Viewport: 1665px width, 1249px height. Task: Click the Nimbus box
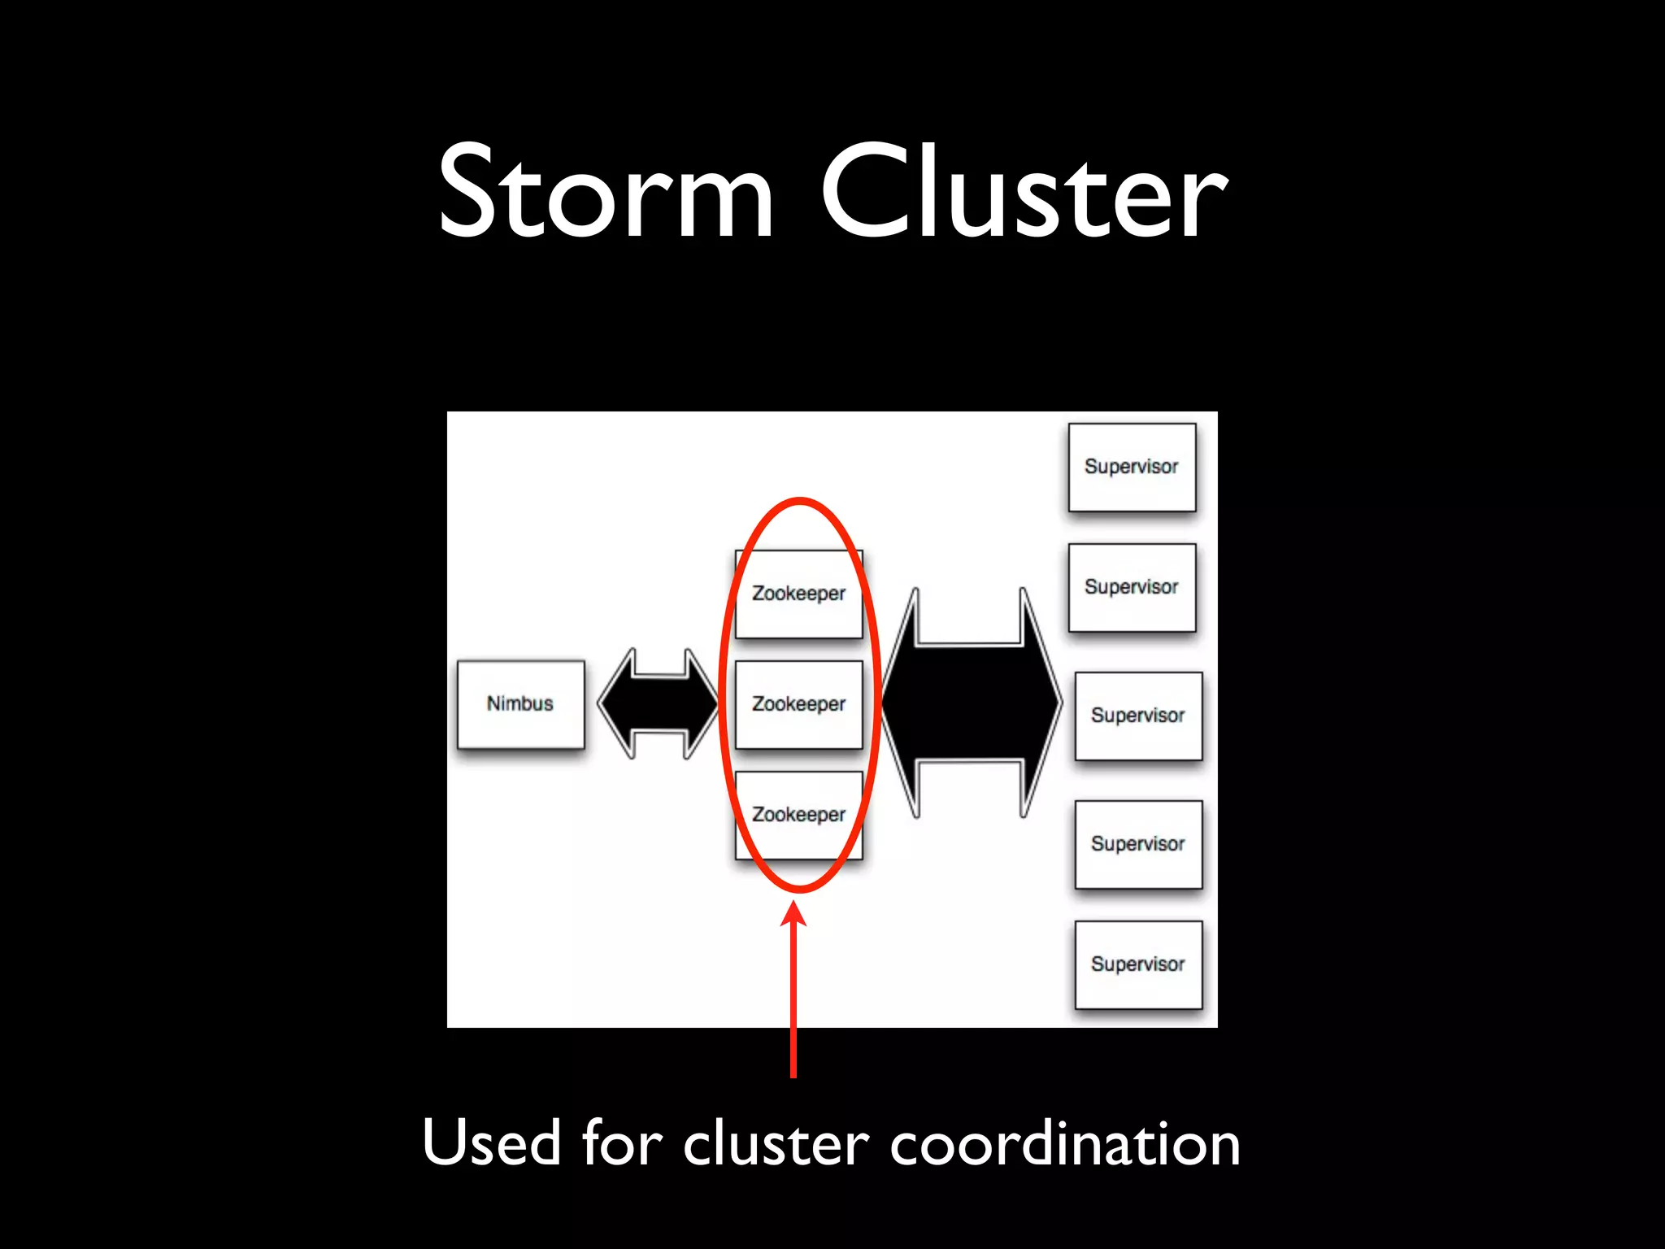click(520, 704)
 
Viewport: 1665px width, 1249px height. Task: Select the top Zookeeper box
click(798, 594)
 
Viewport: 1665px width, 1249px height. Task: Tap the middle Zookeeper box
click(798, 704)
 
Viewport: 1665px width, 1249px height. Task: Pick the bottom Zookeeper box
click(798, 815)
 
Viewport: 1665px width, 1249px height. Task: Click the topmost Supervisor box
click(1132, 467)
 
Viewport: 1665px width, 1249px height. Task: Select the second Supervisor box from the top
click(1132, 587)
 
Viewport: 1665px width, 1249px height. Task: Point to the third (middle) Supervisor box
click(1138, 716)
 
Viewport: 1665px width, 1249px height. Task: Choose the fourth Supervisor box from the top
click(1138, 844)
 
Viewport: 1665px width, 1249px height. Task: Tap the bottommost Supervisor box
click(1138, 964)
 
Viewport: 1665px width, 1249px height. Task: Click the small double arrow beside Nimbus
click(659, 704)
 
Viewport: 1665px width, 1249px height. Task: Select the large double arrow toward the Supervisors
click(971, 703)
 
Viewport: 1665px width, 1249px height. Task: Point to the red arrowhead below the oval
click(793, 914)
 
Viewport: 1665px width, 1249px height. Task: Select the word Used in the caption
click(492, 1143)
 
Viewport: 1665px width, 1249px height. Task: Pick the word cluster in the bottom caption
click(776, 1143)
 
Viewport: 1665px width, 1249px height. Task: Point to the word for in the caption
click(622, 1143)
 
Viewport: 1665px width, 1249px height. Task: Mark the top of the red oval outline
click(800, 501)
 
